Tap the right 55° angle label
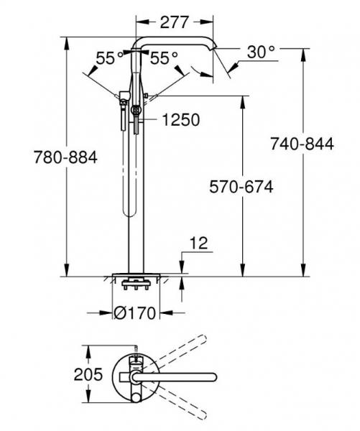click(x=164, y=59)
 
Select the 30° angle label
click(x=260, y=52)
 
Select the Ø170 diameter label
click(x=137, y=314)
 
